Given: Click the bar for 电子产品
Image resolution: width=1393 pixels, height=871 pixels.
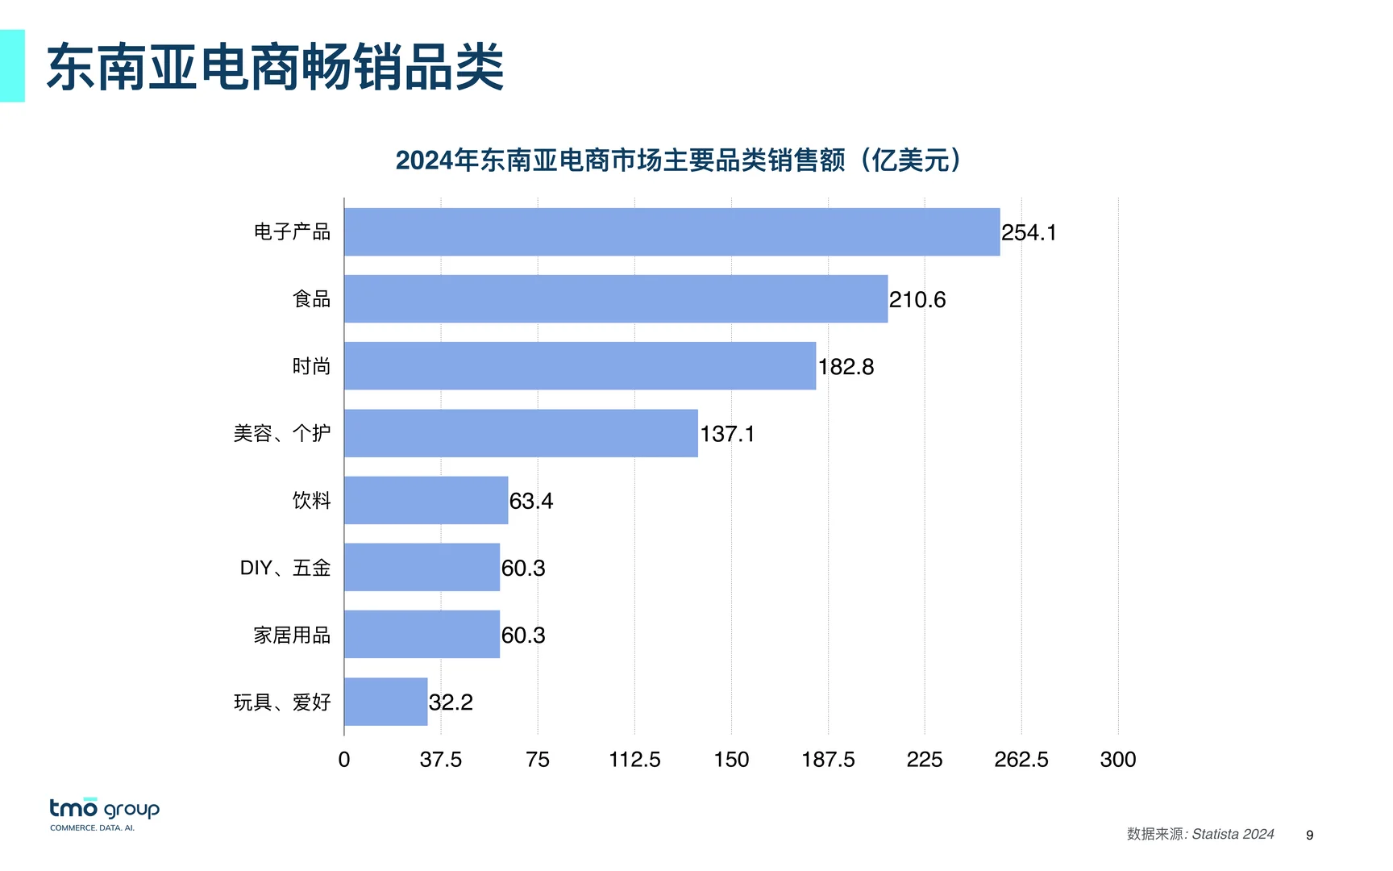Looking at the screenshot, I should (672, 232).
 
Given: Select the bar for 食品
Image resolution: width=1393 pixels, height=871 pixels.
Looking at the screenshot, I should (616, 299).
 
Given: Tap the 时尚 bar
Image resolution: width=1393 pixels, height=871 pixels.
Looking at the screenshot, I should (580, 366).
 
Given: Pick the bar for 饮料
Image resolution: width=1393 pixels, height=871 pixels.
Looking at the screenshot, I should (426, 500).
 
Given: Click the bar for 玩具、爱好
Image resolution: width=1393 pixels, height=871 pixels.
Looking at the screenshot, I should (385, 702).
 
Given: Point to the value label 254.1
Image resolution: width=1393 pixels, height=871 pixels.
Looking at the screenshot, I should (1029, 233).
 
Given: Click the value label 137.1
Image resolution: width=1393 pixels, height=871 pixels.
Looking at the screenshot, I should (727, 434).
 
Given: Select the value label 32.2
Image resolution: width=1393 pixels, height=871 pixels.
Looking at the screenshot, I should (451, 702).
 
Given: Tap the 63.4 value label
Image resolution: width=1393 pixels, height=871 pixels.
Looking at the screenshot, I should (531, 501).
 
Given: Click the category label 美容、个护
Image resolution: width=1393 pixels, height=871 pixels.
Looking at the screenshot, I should (282, 434).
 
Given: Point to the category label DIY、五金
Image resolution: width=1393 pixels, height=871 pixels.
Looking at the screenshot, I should (285, 568).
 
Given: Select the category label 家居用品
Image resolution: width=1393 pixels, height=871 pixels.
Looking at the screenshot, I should (292, 636).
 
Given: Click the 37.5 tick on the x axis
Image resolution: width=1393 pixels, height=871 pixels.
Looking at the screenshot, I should (441, 760).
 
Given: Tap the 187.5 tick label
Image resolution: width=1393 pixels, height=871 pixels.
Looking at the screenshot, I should (828, 760).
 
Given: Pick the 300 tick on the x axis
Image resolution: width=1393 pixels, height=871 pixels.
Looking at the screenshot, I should (1118, 760).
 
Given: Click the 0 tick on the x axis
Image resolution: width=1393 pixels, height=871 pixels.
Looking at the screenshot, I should (344, 760).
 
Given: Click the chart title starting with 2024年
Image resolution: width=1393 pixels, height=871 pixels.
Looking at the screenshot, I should (679, 160).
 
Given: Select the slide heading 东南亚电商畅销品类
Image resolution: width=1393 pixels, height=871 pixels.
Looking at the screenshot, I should (276, 67).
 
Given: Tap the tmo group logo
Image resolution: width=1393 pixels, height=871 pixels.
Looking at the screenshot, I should (104, 814).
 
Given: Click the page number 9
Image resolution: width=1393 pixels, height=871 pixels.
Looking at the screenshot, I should (1309, 836).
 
